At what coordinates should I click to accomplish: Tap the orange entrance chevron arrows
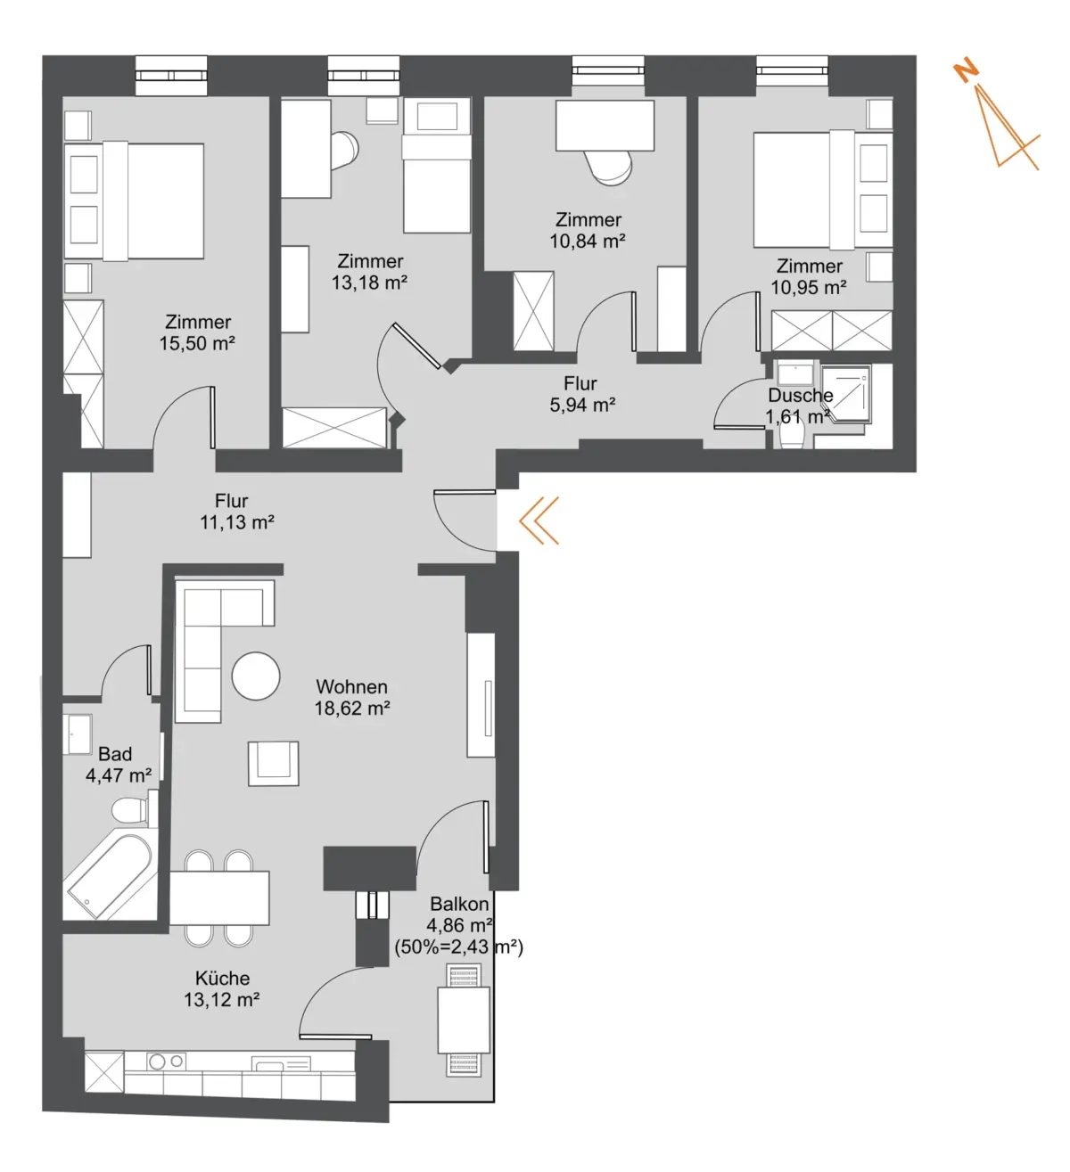[x=539, y=520]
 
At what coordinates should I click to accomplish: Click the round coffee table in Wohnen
[x=256, y=676]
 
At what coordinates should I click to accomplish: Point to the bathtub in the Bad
[x=110, y=876]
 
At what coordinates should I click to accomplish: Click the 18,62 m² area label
[x=352, y=709]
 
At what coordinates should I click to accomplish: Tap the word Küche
[x=222, y=978]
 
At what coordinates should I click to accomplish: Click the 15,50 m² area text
[x=197, y=343]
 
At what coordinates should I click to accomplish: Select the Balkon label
[x=459, y=904]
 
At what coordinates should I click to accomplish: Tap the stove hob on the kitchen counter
[x=167, y=1061]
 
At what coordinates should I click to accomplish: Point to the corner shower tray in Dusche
[x=845, y=394]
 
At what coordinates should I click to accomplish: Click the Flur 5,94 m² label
[x=581, y=394]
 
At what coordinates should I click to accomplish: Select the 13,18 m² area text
[x=369, y=283]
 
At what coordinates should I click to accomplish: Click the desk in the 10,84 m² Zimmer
[x=605, y=126]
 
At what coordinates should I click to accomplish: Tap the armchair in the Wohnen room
[x=273, y=763]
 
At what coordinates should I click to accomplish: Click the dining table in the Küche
[x=219, y=898]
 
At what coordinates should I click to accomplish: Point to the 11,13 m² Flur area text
[x=237, y=522]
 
